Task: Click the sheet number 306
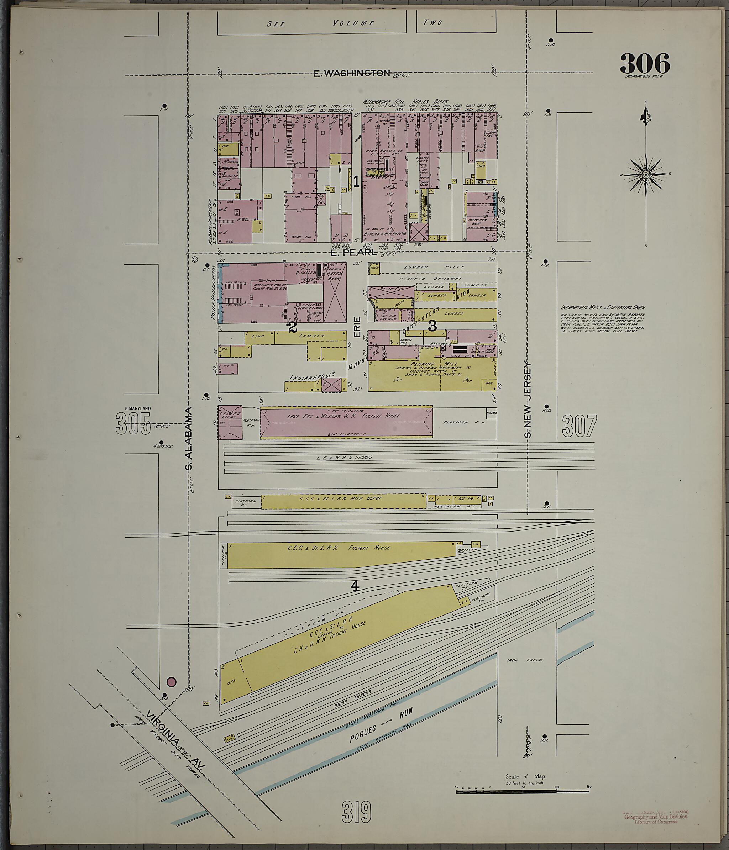coord(645,64)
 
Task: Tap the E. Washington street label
coord(352,73)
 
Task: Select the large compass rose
coord(645,175)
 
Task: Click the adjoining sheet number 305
coord(133,424)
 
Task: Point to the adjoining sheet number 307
coord(579,426)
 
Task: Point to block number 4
coord(355,587)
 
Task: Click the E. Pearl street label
coord(353,253)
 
